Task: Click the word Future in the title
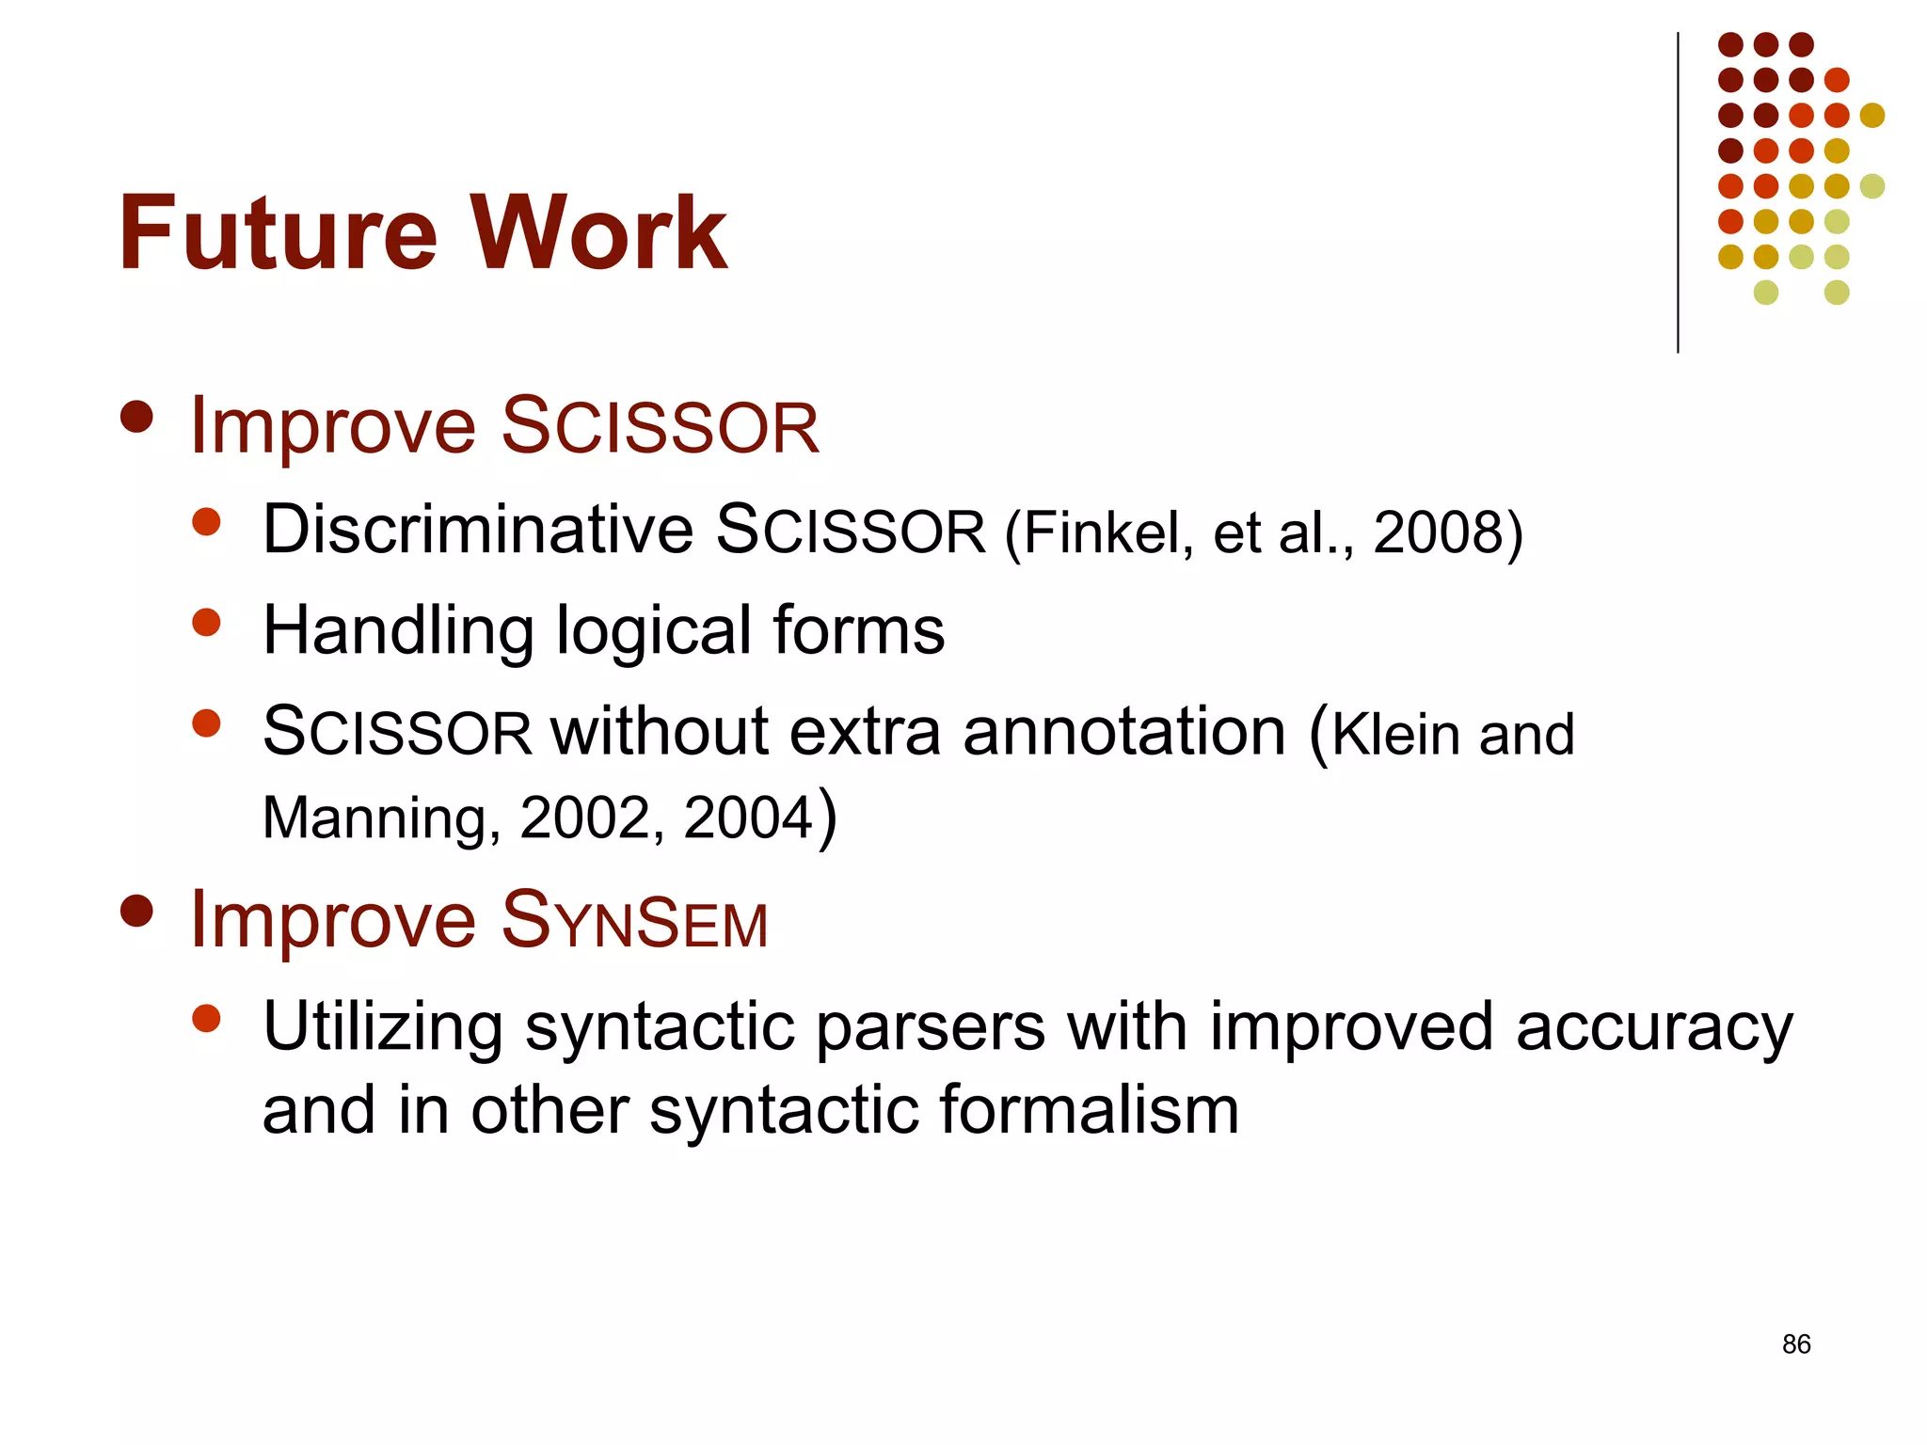278,232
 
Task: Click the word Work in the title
598,232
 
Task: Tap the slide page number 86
1795,1344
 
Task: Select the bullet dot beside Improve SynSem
137,911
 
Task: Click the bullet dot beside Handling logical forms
206,622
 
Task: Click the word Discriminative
478,530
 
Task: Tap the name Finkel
1101,532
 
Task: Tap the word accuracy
1654,1027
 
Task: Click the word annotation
1123,732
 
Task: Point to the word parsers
930,1027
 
